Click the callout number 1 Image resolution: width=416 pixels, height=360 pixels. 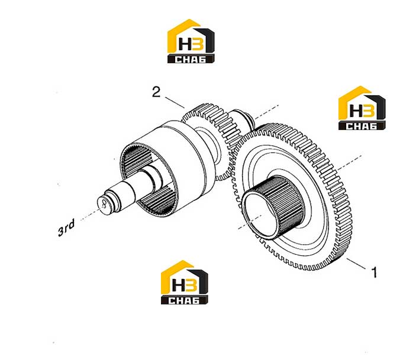tap(374, 273)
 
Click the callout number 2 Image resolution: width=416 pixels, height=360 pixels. tap(156, 92)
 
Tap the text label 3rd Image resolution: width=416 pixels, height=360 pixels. tap(66, 228)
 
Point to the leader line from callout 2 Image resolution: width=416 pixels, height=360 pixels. tap(175, 103)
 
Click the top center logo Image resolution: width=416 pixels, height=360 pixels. tap(191, 41)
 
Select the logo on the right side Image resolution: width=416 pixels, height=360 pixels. tap(362, 108)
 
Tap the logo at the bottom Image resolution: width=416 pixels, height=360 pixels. tap(185, 282)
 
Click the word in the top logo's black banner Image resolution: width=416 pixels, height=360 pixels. tap(190, 59)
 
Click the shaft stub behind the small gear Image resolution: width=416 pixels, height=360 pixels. tap(243, 116)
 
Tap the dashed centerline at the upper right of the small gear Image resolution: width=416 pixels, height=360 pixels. tap(266, 111)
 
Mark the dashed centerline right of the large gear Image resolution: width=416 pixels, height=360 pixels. tap(350, 162)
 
